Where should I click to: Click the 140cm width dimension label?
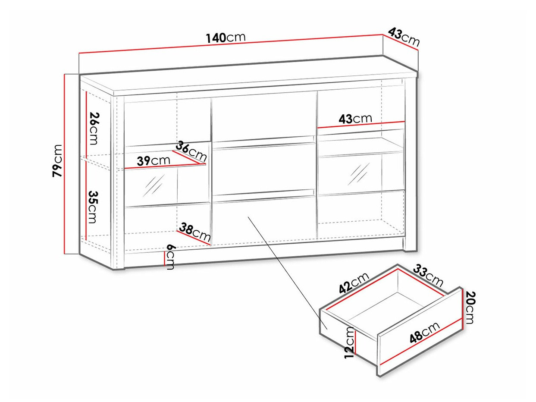(x=226, y=38)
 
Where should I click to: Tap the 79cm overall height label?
(x=58, y=160)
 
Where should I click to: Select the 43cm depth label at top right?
(x=404, y=37)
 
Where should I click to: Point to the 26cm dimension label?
(x=94, y=129)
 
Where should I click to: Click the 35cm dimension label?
(x=93, y=207)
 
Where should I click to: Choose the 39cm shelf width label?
(x=154, y=160)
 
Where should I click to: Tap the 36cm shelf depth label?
(x=191, y=151)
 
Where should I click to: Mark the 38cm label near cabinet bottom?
(x=194, y=232)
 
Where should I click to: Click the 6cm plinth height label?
(x=170, y=257)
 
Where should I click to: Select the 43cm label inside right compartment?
(x=355, y=119)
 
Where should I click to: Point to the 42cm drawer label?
(x=354, y=283)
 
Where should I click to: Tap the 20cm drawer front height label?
(x=470, y=308)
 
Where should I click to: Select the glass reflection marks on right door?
(x=358, y=174)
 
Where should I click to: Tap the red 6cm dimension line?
(x=165, y=258)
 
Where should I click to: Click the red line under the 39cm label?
(x=165, y=166)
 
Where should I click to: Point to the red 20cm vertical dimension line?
(x=462, y=309)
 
